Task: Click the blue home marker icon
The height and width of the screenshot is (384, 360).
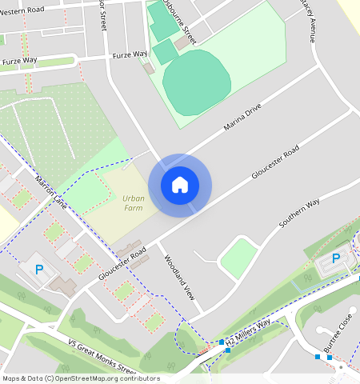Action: (x=180, y=185)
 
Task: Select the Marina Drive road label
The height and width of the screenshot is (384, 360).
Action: (x=242, y=119)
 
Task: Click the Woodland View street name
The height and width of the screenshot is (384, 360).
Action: (x=179, y=277)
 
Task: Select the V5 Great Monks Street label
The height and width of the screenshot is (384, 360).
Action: (x=103, y=357)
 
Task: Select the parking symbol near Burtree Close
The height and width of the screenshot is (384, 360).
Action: (x=336, y=258)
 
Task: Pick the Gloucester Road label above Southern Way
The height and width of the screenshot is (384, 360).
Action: (x=274, y=162)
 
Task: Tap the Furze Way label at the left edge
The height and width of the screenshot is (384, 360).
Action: (x=19, y=60)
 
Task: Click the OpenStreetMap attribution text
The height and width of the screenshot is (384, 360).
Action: (x=81, y=378)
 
